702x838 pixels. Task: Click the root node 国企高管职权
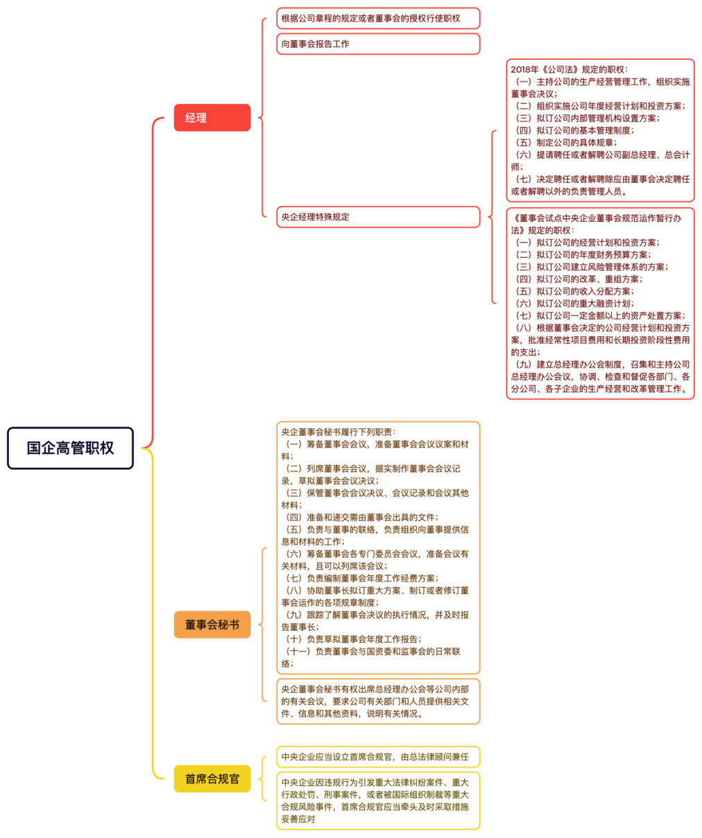[70, 448]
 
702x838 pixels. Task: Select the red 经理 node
[212, 118]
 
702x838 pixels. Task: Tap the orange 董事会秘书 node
[212, 624]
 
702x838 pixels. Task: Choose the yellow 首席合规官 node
[212, 778]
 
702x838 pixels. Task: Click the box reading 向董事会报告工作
[378, 44]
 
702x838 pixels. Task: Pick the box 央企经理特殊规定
[378, 217]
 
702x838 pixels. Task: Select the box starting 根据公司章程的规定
[378, 18]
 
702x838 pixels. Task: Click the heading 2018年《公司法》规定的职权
[569, 69]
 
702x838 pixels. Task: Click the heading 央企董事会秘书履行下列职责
[338, 432]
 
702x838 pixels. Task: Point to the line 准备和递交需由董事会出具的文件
[362, 517]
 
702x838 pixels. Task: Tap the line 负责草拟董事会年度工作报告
[354, 639]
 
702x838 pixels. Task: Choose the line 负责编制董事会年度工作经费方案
[362, 578]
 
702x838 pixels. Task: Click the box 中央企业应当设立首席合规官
[378, 756]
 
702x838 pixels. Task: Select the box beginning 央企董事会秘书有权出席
[378, 701]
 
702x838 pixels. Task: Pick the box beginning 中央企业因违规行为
[378, 801]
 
